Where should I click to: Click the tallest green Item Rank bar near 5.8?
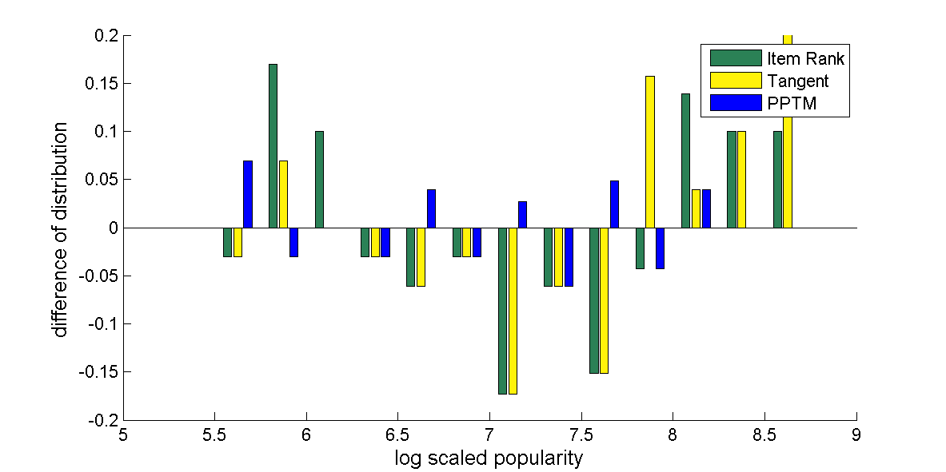pos(273,145)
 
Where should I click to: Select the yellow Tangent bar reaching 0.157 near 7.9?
pos(650,152)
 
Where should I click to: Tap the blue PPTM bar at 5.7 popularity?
pos(248,194)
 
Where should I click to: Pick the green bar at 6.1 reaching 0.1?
pos(319,179)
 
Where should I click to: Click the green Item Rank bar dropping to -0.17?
pos(502,311)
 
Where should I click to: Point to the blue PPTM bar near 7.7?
pos(614,204)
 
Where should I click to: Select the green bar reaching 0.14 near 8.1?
pos(685,161)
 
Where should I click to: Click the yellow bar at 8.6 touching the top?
pos(788,132)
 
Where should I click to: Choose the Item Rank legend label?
pos(805,58)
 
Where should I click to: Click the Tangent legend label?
pos(797,81)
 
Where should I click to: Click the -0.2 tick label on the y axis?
pos(102,420)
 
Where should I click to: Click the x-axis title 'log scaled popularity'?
pos(489,458)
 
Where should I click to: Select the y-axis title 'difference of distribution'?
pos(61,229)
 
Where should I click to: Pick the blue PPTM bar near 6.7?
pos(431,208)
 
